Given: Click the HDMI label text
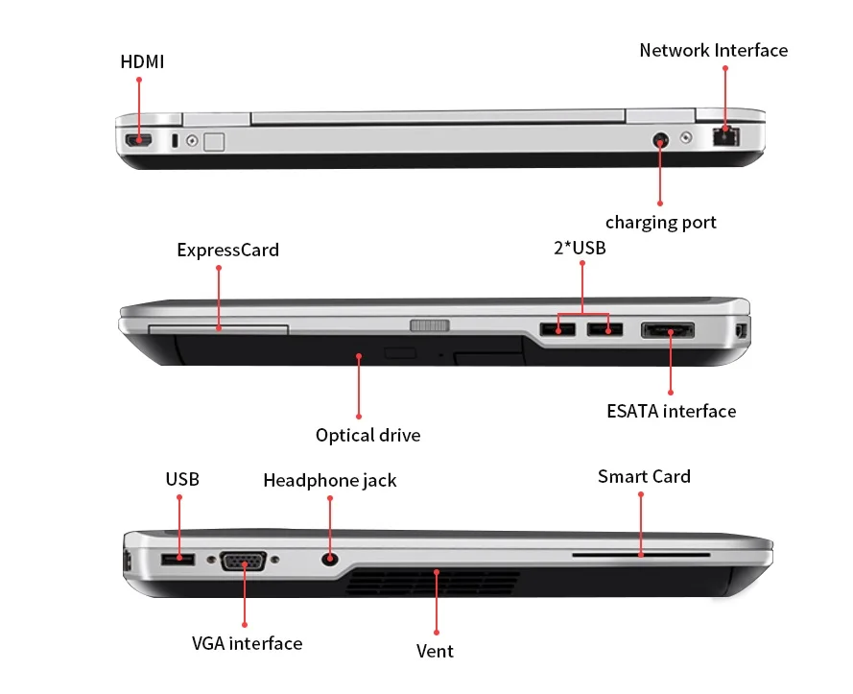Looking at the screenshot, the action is click(x=142, y=62).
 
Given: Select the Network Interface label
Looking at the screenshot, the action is click(x=713, y=50).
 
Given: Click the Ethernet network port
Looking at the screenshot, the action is click(x=726, y=136).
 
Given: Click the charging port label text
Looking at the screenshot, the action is click(x=660, y=223).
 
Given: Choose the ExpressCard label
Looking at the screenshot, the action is click(x=227, y=251).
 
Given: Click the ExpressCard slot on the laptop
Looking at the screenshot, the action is click(x=219, y=329).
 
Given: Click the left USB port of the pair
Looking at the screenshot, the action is click(x=555, y=330).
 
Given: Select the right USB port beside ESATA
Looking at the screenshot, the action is click(x=604, y=330).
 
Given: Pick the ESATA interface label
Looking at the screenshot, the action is click(x=671, y=412).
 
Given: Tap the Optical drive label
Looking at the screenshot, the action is click(x=367, y=436).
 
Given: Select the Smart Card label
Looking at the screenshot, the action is click(x=644, y=477).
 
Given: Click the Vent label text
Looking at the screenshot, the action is click(x=435, y=651).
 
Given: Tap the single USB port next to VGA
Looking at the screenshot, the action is click(x=178, y=559).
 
